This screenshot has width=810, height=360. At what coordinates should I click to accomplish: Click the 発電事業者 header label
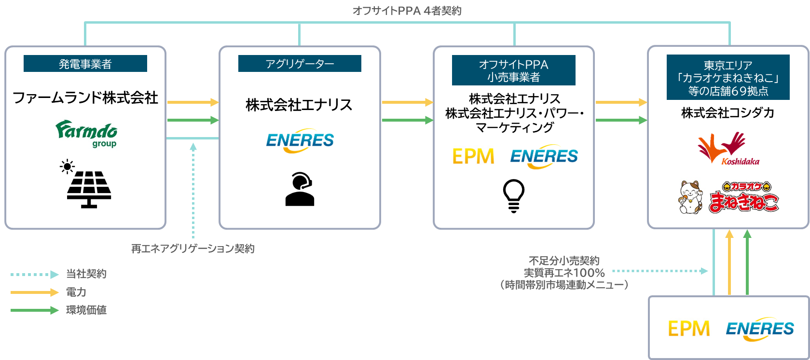click(x=85, y=64)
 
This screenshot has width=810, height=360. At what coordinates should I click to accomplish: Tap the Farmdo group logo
click(x=87, y=133)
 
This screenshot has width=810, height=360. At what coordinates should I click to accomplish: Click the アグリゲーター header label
click(x=300, y=64)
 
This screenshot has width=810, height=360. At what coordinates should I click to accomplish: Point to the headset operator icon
click(x=300, y=189)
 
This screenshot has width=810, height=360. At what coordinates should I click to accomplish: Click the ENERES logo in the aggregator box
click(x=300, y=140)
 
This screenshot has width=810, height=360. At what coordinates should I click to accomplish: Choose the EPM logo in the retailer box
click(x=473, y=156)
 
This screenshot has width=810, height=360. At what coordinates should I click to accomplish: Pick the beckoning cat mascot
click(x=690, y=197)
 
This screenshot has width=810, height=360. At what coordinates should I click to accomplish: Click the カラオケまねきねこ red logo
click(x=743, y=197)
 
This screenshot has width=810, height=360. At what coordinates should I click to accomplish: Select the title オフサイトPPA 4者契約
click(x=407, y=10)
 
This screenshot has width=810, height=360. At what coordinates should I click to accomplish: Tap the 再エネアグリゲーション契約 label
click(x=192, y=249)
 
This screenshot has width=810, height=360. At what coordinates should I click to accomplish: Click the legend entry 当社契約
click(x=86, y=274)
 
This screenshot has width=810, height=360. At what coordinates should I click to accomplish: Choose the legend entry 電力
click(x=76, y=292)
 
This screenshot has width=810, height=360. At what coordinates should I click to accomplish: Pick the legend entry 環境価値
click(x=86, y=310)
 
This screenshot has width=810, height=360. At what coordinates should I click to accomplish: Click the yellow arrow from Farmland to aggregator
click(x=192, y=102)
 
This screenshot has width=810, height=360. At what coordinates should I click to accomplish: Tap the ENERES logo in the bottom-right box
click(x=759, y=329)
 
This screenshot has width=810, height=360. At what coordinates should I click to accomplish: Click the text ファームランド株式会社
click(x=85, y=98)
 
